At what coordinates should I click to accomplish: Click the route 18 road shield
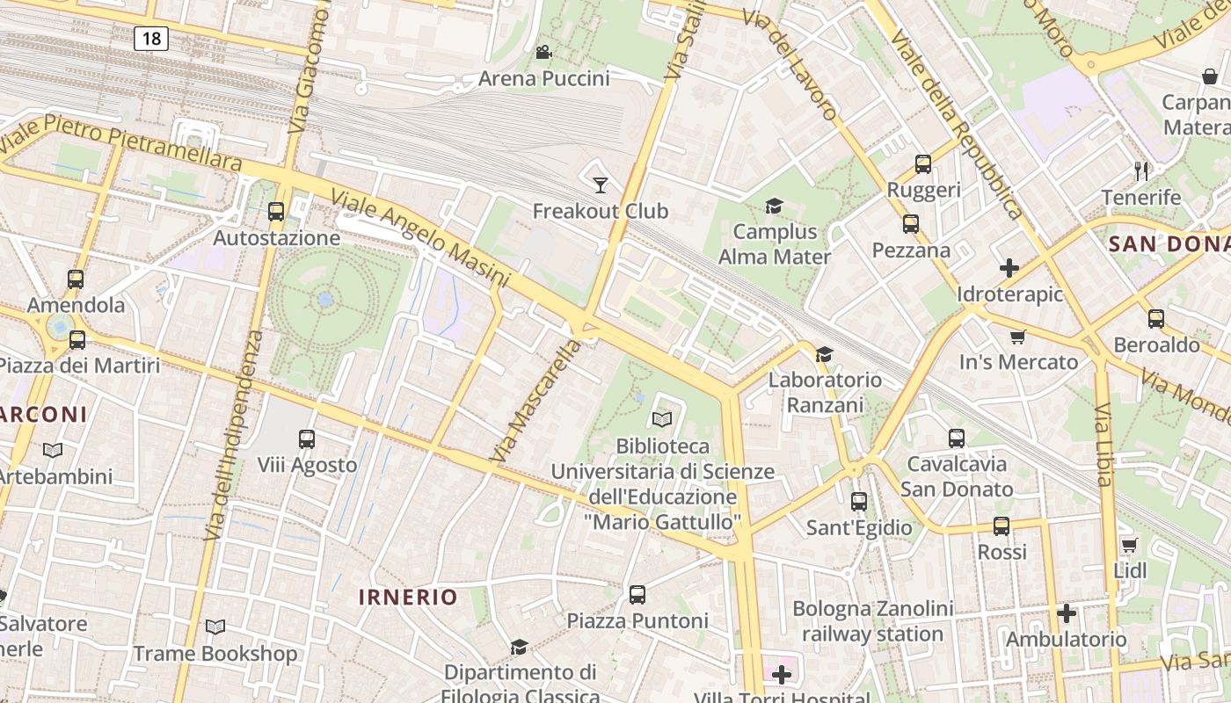tap(151, 38)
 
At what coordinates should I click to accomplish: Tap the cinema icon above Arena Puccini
tap(543, 52)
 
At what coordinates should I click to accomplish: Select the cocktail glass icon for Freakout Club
tap(601, 185)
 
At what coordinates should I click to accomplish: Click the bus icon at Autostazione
tap(276, 211)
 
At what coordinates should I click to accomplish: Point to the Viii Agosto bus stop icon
tap(307, 438)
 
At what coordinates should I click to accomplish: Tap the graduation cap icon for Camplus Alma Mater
tap(774, 206)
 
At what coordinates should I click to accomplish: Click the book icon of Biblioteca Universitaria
tap(662, 420)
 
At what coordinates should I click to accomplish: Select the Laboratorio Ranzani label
tap(825, 392)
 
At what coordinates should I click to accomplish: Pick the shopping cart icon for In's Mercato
tap(1018, 337)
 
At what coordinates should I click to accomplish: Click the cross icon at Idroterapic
tap(1009, 268)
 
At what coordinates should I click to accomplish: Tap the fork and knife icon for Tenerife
tap(1141, 170)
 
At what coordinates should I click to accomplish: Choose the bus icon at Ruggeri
tap(923, 163)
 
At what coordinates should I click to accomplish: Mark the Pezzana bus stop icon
tap(911, 224)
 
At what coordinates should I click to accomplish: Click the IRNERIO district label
tap(408, 598)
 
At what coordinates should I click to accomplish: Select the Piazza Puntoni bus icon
tap(637, 594)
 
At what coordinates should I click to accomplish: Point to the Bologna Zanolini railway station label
tap(872, 620)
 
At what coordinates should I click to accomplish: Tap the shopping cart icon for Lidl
tap(1130, 545)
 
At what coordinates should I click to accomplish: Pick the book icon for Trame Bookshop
tap(215, 627)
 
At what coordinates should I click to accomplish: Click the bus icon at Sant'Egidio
tap(859, 502)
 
